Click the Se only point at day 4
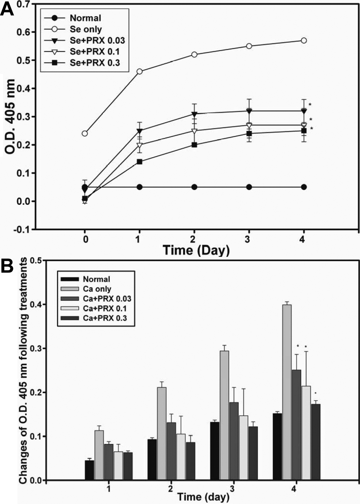(x=304, y=40)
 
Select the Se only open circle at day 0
(x=85, y=133)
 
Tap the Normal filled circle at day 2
(x=194, y=187)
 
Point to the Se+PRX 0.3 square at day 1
(x=139, y=162)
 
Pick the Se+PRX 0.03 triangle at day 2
(x=194, y=114)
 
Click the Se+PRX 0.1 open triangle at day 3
(x=249, y=125)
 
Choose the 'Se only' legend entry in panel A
(x=86, y=29)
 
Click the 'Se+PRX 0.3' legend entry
(x=95, y=63)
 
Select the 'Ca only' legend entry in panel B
(x=97, y=289)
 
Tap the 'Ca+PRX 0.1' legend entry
(x=105, y=309)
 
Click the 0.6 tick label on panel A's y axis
(x=24, y=32)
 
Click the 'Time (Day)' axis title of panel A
(x=196, y=250)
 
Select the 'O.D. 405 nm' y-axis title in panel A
(x=10, y=117)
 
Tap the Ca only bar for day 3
(x=224, y=415)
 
